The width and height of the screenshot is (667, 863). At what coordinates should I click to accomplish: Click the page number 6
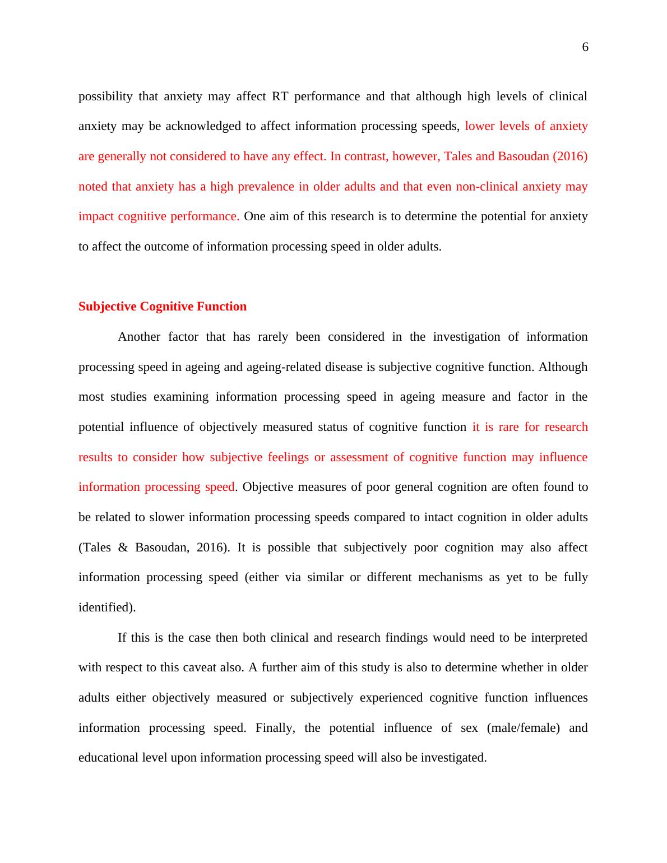click(585, 48)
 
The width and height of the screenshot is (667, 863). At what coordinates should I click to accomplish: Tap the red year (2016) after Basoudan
click(570, 156)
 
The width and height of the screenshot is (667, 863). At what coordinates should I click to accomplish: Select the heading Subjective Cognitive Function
click(163, 307)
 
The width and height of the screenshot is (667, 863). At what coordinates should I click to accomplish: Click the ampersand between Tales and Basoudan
click(123, 548)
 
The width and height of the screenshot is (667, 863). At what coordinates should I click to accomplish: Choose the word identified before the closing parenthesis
click(104, 607)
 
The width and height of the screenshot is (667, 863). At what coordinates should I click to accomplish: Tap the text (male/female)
click(523, 728)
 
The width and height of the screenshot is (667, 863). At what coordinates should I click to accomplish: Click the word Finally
click(275, 728)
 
